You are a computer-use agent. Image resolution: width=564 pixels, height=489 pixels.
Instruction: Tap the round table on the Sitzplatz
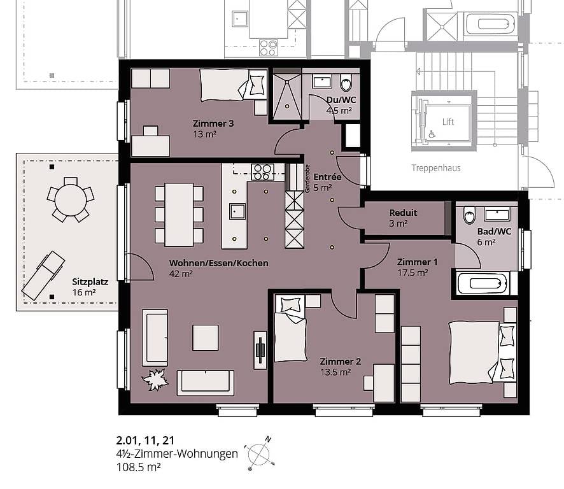pyautogui.click(x=71, y=200)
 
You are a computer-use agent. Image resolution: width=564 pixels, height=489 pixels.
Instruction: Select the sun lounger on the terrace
pyautogui.click(x=43, y=275)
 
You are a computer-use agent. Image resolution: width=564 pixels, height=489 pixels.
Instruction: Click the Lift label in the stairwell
pyautogui.click(x=448, y=122)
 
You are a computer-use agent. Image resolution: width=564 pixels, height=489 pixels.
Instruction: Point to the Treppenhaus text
pyautogui.click(x=436, y=168)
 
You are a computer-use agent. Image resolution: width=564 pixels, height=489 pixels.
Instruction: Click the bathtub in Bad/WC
pyautogui.click(x=483, y=283)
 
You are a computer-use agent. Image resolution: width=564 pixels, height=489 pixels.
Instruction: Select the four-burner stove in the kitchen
pyautogui.click(x=262, y=172)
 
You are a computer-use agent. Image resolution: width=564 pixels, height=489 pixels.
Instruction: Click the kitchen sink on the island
pyautogui.click(x=237, y=211)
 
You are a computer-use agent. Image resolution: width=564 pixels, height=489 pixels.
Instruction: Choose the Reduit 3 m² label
pyautogui.click(x=403, y=218)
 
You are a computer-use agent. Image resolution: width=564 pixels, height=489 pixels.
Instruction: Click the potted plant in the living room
pyautogui.click(x=155, y=379)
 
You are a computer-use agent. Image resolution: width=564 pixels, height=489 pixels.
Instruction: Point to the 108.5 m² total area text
pyautogui.click(x=139, y=467)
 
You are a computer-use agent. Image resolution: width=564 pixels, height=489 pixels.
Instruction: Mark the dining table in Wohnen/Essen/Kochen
pyautogui.click(x=179, y=215)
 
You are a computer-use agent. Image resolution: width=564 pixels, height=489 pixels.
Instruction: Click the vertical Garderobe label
pyautogui.click(x=307, y=179)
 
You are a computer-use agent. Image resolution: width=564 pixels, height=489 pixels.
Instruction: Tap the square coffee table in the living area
pyautogui.click(x=206, y=337)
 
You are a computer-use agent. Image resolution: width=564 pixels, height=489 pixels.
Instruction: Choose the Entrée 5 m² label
pyautogui.click(x=327, y=182)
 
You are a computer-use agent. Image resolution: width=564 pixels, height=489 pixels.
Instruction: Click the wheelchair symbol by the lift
pyautogui.click(x=432, y=134)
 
